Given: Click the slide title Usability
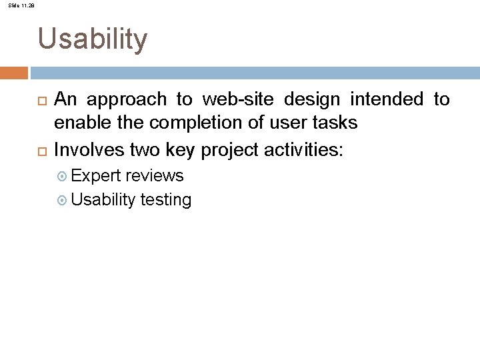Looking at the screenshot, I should (x=93, y=39).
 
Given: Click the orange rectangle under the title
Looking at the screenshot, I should (x=14, y=72).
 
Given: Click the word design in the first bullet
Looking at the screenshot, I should (x=312, y=99).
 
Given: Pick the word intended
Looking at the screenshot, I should (x=386, y=99).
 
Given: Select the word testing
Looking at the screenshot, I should (x=166, y=199).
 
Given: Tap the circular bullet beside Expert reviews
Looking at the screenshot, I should (x=63, y=176).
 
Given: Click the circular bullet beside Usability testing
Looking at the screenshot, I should (x=63, y=199).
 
